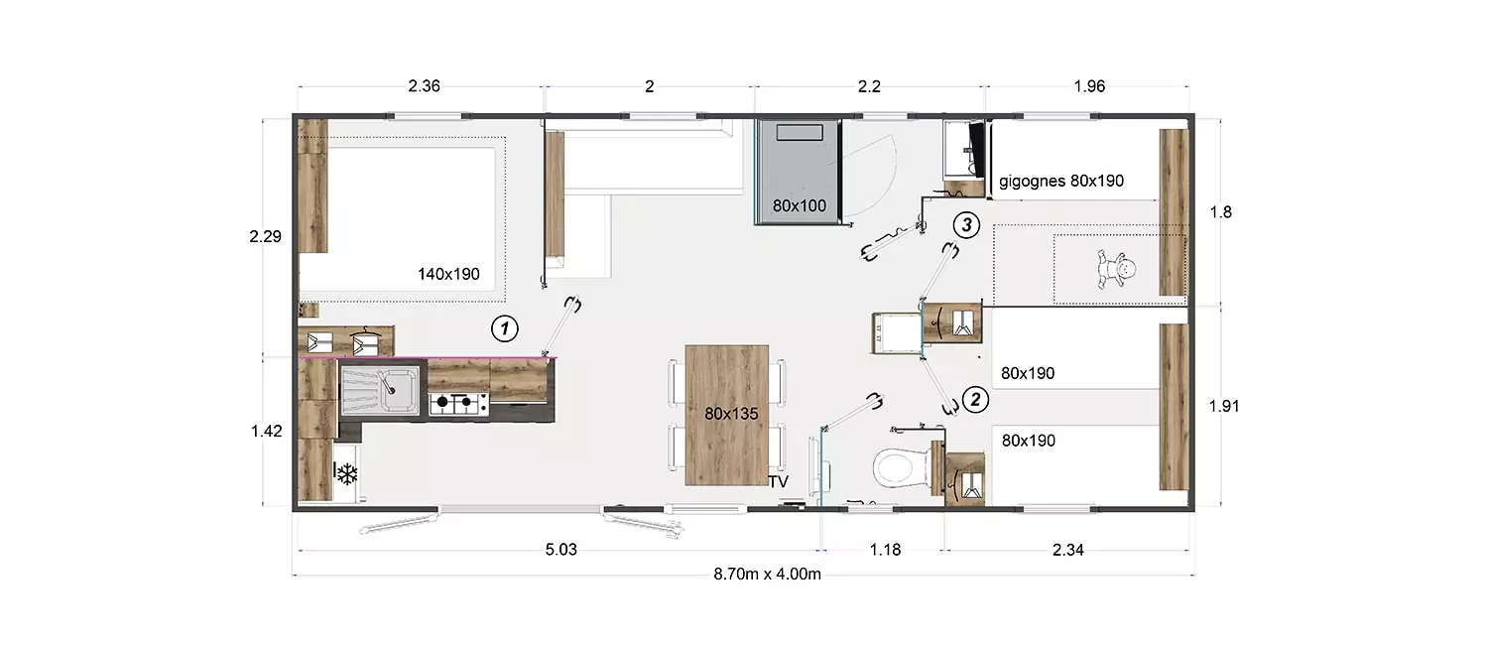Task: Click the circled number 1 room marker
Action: tap(505, 328)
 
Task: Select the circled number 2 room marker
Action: tap(975, 400)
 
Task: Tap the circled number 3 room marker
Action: tap(966, 225)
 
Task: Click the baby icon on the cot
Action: tap(1117, 268)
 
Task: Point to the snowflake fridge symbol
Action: tap(346, 473)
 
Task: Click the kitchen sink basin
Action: tap(380, 390)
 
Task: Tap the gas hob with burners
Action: tap(458, 403)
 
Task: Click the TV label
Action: tap(779, 481)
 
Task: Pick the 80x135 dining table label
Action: tap(731, 414)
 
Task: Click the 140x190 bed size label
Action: tap(448, 274)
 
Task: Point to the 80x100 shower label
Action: tap(800, 205)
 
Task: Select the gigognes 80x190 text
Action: tap(1061, 181)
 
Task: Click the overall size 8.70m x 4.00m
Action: tap(768, 574)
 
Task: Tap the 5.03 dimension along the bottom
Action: tap(560, 550)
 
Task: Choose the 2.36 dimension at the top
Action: tap(424, 85)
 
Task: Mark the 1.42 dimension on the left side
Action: tap(266, 431)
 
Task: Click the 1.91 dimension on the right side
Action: tap(1223, 406)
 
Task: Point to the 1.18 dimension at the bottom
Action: tap(886, 550)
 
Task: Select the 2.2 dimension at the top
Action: tap(869, 85)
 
